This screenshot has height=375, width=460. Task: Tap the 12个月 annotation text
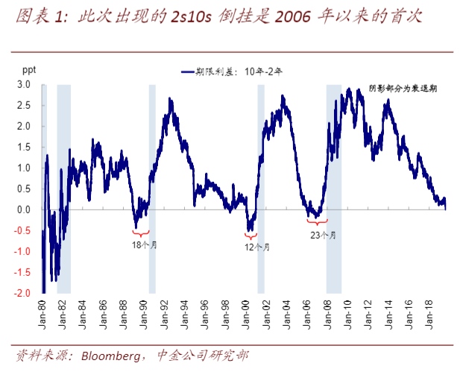pos(258,247)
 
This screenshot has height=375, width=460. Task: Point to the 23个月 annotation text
pos(323,235)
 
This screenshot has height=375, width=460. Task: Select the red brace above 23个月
pos(318,222)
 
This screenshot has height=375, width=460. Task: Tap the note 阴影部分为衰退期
pos(402,88)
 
